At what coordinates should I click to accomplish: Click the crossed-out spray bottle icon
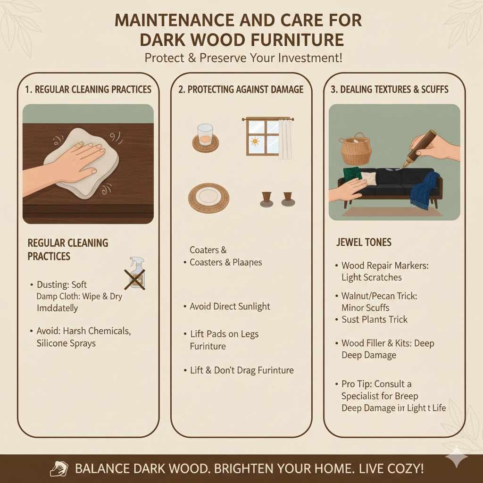135,273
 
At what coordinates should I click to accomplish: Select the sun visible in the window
256,141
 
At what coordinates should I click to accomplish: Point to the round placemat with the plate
208,198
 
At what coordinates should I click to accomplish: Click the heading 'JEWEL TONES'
364,242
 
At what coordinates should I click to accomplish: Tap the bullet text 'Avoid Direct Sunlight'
230,307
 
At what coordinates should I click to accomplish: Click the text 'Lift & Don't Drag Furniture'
241,370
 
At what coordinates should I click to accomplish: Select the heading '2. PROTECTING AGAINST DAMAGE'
241,89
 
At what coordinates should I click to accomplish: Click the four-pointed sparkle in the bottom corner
457,458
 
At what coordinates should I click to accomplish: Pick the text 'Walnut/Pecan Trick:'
379,296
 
